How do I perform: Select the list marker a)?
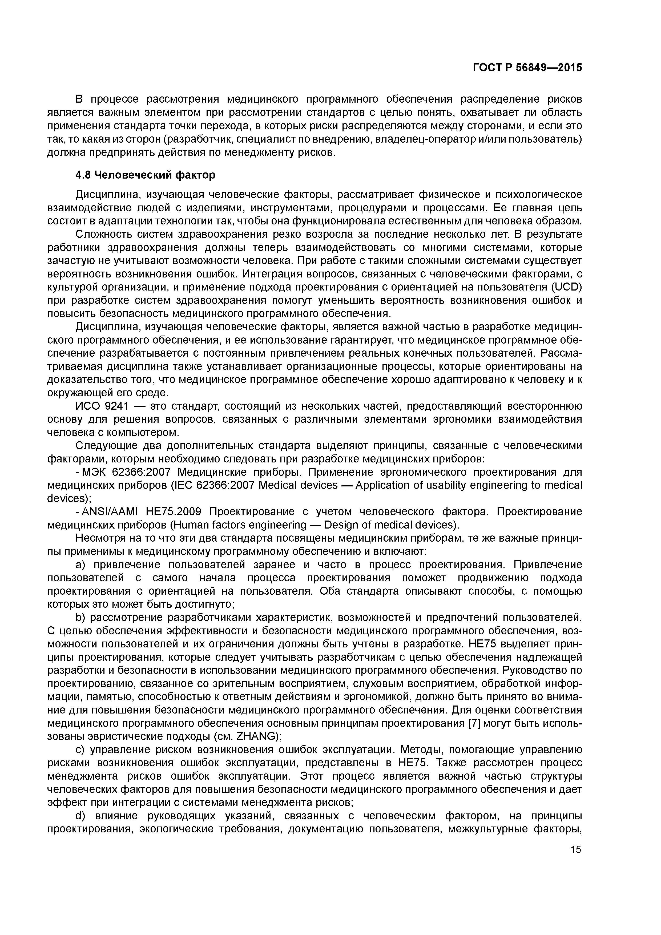pos(81,565)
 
